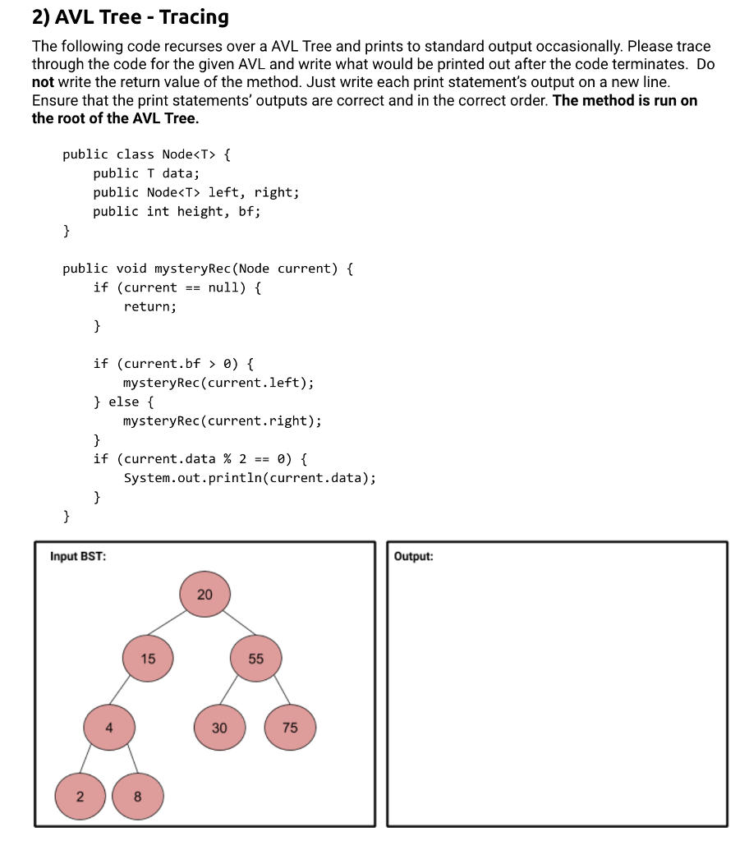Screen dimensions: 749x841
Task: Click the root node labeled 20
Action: [x=204, y=595]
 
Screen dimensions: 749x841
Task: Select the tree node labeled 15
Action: [x=148, y=659]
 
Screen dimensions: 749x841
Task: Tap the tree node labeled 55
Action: [x=256, y=659]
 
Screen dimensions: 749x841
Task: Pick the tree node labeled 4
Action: [x=108, y=728]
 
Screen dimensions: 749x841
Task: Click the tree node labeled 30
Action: [x=219, y=728]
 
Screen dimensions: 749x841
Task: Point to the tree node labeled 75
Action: [x=290, y=728]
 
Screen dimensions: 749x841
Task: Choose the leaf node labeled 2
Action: [x=80, y=796]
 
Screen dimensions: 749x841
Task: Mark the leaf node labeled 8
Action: [x=137, y=796]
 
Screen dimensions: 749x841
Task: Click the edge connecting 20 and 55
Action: [x=232, y=625]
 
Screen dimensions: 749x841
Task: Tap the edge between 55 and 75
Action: [x=273, y=693]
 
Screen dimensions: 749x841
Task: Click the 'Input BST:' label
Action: [x=77, y=556]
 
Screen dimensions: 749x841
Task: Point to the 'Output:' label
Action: [x=413, y=556]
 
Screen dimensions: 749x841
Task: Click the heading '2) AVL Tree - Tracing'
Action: [x=130, y=16]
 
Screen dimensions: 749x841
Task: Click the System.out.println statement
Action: [x=250, y=478]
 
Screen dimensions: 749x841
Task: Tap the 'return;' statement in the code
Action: [x=150, y=306]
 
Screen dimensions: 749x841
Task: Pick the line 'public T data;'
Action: [x=146, y=173]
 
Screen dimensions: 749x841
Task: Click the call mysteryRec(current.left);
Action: [x=218, y=383]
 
